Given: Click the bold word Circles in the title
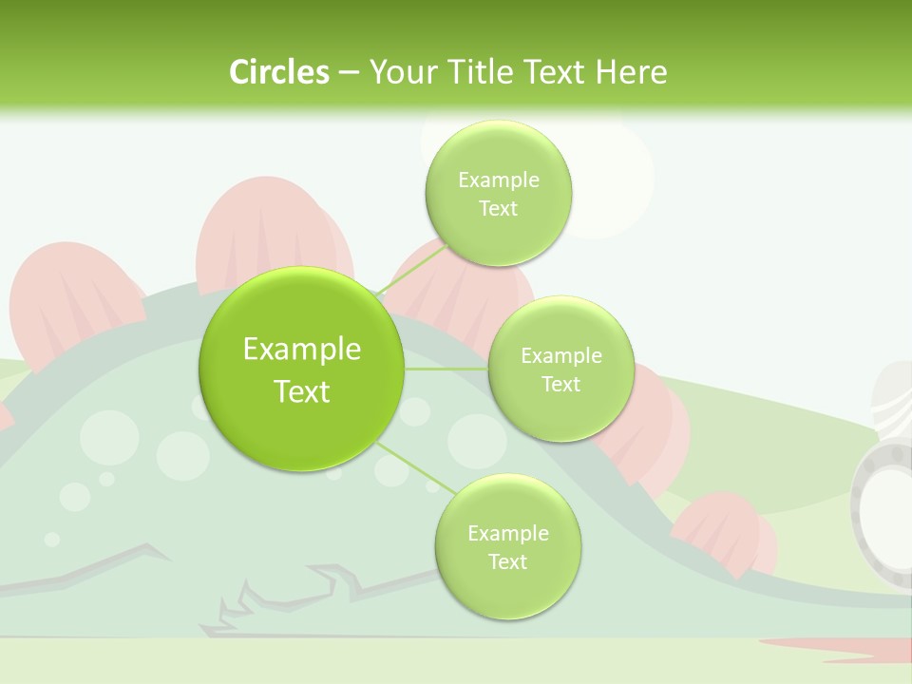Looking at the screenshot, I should pyautogui.click(x=278, y=71).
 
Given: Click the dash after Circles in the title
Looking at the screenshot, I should pyautogui.click(x=348, y=73).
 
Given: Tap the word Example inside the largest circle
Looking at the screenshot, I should pyautogui.click(x=302, y=350).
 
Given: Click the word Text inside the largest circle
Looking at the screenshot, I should pyautogui.click(x=302, y=391).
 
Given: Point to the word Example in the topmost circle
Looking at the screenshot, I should pyautogui.click(x=499, y=180).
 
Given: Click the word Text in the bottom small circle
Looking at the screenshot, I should pyautogui.click(x=507, y=561).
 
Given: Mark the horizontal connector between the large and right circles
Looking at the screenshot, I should pyautogui.click(x=446, y=369).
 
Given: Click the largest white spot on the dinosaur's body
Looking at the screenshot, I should pyautogui.click(x=109, y=437).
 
